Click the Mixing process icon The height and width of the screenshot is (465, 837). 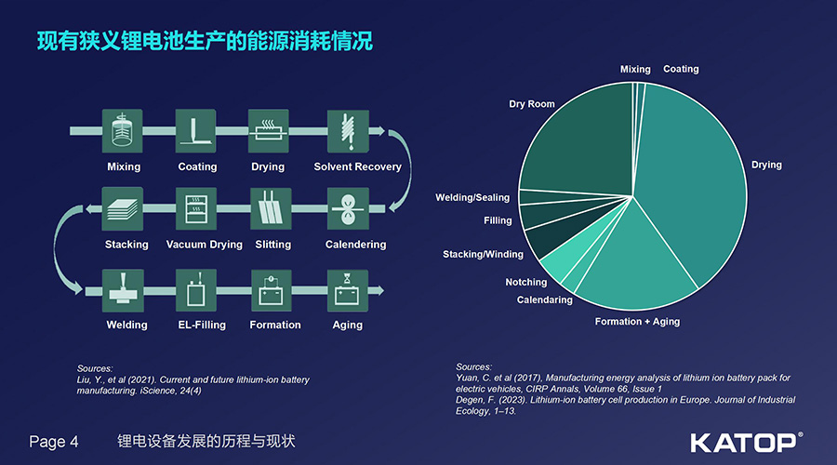click(x=122, y=131)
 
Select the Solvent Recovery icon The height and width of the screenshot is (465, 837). click(x=348, y=131)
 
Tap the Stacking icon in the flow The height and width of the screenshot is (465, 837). click(x=122, y=208)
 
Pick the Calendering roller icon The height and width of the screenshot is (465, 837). click(x=348, y=208)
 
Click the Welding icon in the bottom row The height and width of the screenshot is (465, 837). click(x=123, y=290)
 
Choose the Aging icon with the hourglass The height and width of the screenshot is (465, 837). click(x=348, y=290)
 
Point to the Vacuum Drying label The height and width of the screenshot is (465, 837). click(x=204, y=245)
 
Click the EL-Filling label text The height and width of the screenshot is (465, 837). click(x=202, y=325)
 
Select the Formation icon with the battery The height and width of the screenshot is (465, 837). click(x=272, y=290)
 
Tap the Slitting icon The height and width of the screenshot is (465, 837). click(x=271, y=208)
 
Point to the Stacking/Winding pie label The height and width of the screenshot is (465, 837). click(x=483, y=254)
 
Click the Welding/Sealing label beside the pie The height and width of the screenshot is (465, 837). click(x=472, y=197)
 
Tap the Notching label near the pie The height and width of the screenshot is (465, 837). click(x=526, y=282)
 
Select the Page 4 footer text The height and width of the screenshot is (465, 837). click(x=53, y=442)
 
